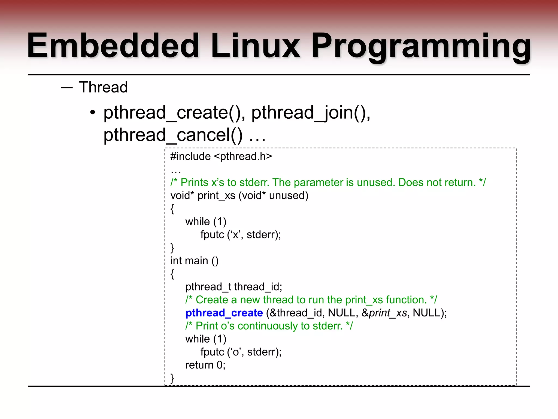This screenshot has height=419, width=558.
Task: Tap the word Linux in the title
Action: (255, 46)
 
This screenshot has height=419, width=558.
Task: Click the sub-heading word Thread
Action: (103, 87)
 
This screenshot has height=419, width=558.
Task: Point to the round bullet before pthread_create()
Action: (93, 112)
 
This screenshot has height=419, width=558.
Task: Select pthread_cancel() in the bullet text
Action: (173, 135)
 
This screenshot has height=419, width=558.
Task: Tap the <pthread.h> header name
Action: (243, 157)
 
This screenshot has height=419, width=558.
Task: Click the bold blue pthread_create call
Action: (224, 313)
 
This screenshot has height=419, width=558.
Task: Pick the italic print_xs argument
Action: (388, 313)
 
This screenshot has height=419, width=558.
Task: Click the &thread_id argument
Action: (297, 313)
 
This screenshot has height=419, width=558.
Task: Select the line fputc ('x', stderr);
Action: (241, 235)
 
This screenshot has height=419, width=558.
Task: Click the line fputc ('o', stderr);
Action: (241, 352)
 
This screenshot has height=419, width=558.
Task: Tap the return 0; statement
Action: (205, 365)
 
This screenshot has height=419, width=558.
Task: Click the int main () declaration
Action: (194, 261)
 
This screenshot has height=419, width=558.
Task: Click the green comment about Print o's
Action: (269, 326)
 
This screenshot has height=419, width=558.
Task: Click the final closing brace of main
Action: (172, 378)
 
